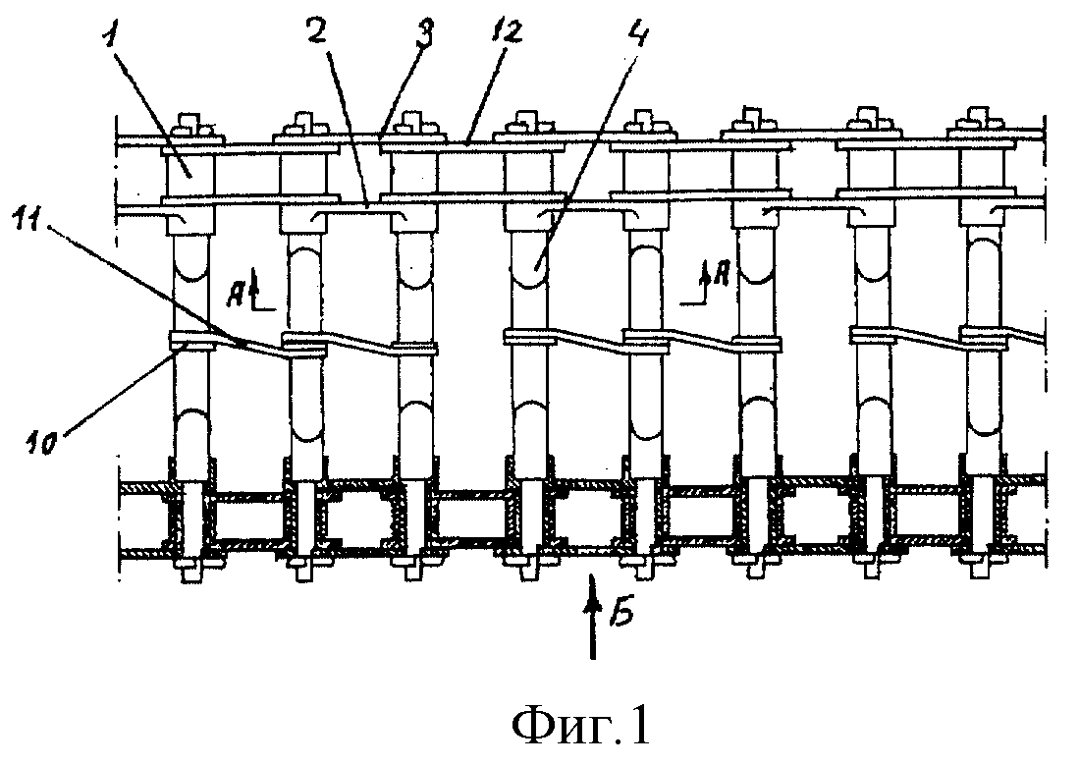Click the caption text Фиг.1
[581, 727]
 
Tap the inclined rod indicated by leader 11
[247, 344]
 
